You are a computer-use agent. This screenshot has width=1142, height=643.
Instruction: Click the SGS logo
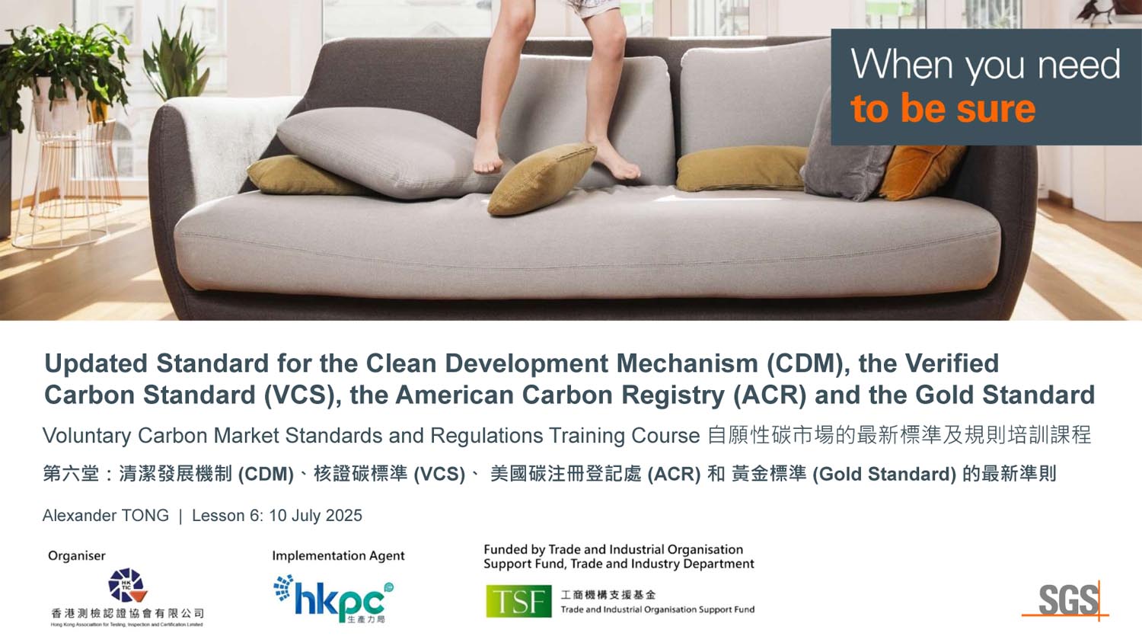point(1067,600)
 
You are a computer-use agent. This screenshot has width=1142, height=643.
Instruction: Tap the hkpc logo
point(334,599)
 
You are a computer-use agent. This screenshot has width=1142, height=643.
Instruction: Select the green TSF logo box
point(518,601)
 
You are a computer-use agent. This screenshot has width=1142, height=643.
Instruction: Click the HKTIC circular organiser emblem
point(127,585)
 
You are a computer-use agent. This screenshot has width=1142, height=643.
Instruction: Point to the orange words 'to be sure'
point(943,108)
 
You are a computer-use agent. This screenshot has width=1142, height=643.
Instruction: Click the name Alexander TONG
point(106,516)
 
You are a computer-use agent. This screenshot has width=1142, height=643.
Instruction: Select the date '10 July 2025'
point(315,516)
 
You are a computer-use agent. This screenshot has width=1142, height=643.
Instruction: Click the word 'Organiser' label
point(76,555)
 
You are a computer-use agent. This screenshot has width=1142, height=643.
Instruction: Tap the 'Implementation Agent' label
point(338,555)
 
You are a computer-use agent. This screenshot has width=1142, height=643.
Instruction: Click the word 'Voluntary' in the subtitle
point(87,436)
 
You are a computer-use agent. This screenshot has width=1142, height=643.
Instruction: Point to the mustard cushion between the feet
point(542,178)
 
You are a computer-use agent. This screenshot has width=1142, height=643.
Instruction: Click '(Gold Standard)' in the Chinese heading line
point(884,474)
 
